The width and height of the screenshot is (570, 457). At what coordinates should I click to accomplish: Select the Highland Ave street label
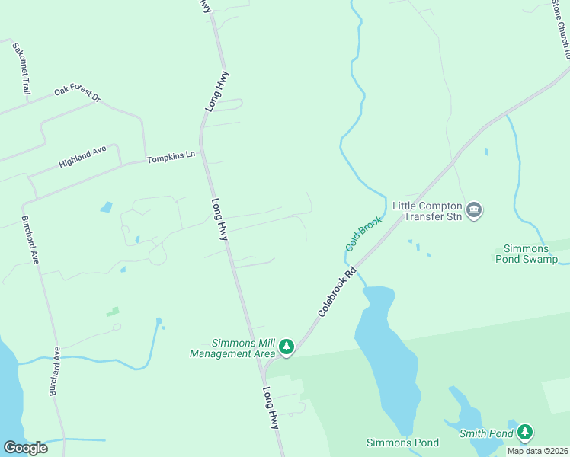[x=83, y=158]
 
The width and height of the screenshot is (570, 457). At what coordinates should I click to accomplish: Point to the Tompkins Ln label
[x=171, y=157]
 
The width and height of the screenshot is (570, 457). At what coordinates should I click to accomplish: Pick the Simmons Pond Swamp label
[x=531, y=254]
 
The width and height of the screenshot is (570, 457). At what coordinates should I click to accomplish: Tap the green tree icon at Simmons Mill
[x=287, y=347]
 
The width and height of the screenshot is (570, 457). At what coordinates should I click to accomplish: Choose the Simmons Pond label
[x=402, y=443]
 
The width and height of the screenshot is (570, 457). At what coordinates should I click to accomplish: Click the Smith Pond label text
[x=486, y=434]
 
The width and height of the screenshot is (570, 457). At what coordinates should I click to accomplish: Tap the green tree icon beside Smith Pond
[x=524, y=433]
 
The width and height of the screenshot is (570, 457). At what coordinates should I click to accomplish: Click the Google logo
[x=25, y=448]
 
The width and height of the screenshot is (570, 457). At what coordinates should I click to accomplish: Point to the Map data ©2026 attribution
[x=537, y=451]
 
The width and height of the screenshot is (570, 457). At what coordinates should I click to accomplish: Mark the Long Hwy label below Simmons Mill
[x=271, y=408]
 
